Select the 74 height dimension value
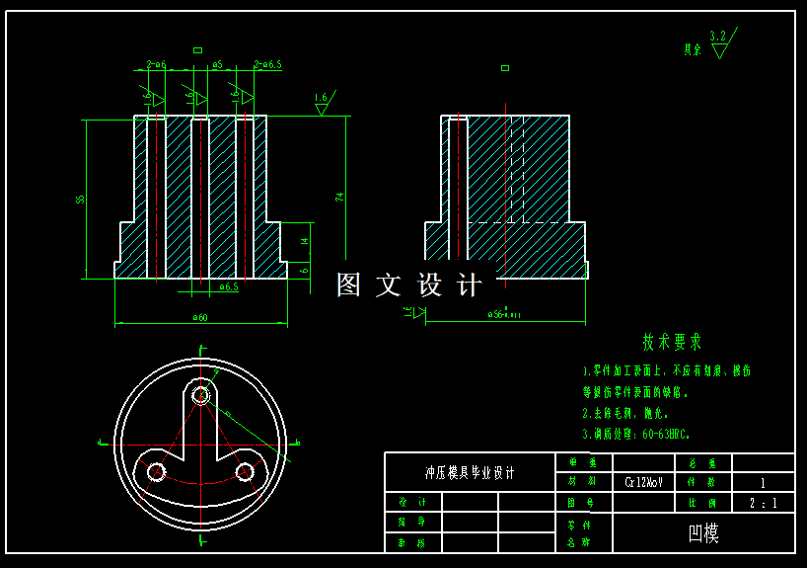click(339, 197)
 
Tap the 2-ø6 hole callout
click(156, 65)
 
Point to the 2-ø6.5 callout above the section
click(267, 65)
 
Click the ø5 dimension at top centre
click(217, 65)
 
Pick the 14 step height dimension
click(305, 240)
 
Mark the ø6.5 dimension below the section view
click(228, 287)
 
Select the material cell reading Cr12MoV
click(643, 483)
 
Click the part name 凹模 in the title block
click(703, 533)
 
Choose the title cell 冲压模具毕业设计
click(470, 472)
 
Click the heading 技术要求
click(672, 342)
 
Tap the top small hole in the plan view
click(201, 396)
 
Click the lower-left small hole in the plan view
click(156, 472)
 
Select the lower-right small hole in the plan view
click(247, 472)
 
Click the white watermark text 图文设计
click(408, 285)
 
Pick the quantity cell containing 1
click(763, 483)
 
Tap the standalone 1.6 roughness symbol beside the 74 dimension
click(323, 103)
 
